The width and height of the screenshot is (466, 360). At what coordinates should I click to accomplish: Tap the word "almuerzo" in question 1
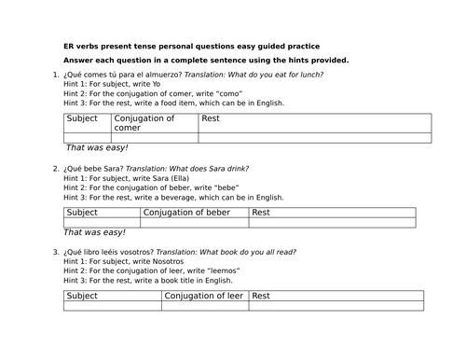tap(159, 75)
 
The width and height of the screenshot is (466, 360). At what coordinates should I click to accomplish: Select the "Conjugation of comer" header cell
tap(154, 123)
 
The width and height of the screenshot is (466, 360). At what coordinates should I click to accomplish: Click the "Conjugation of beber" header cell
tap(194, 213)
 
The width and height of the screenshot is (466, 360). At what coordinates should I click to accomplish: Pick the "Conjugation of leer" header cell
tap(205, 296)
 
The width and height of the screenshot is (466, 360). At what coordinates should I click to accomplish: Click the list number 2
tap(56, 169)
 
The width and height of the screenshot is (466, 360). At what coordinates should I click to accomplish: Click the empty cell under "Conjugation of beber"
tap(194, 223)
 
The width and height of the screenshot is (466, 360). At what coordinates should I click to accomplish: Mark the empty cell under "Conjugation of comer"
tap(154, 138)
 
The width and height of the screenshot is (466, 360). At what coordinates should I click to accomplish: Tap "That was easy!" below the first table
tap(97, 148)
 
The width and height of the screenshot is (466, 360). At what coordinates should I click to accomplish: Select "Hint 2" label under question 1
tap(75, 93)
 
